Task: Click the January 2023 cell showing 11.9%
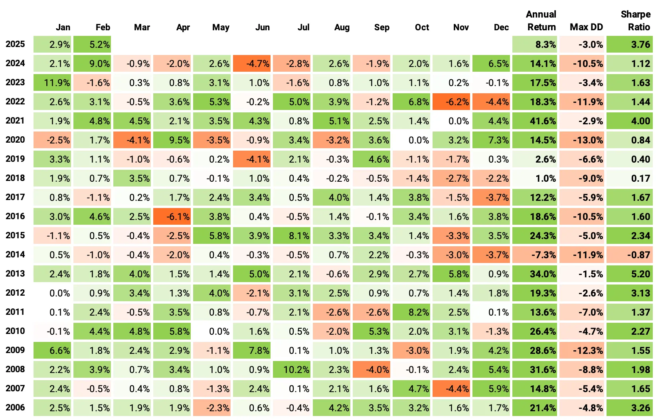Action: [x=52, y=82]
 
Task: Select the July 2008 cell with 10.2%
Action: [x=292, y=369]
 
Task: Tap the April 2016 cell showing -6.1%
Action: [x=172, y=216]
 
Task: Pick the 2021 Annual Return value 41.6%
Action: [x=534, y=121]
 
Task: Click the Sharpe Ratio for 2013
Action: [x=630, y=274]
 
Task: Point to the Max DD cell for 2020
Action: [x=582, y=140]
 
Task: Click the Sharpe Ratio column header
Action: [x=635, y=21]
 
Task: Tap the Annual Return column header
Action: [x=541, y=21]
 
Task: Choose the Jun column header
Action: [x=262, y=27]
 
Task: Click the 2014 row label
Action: [x=15, y=255]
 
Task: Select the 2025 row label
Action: [x=15, y=44]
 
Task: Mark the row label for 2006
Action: [x=15, y=408]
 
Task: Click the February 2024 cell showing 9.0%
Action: [x=92, y=63]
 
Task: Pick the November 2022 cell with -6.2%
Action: [x=451, y=102]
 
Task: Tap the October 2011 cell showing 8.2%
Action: [x=411, y=312]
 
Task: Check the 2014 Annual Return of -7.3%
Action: [x=534, y=255]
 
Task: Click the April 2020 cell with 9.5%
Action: [x=172, y=140]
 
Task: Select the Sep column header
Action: [x=381, y=27]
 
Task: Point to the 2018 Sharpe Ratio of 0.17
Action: [x=630, y=178]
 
